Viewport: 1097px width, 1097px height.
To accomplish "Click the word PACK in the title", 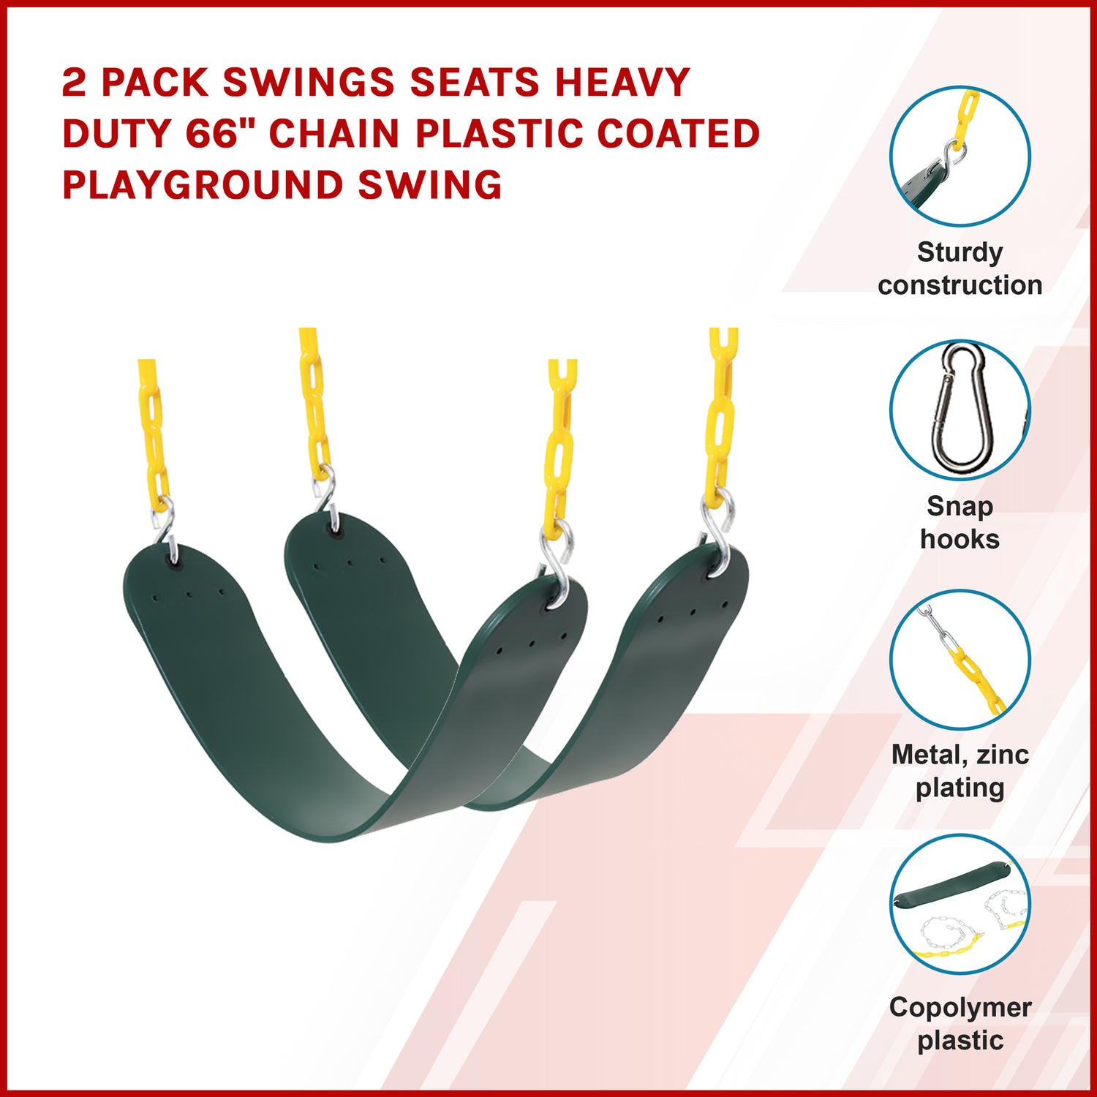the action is tap(155, 82).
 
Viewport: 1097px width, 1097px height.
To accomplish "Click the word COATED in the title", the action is tap(679, 133).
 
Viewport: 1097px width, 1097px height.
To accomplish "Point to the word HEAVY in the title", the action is tap(622, 82).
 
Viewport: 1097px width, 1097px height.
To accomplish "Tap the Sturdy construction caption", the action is tap(960, 268).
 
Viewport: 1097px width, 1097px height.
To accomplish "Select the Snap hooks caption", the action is tap(960, 522).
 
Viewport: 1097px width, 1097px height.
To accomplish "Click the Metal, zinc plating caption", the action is tap(960, 771).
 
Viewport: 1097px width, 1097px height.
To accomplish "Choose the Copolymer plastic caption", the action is tap(960, 1023).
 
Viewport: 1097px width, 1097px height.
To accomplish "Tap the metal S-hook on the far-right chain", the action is tap(717, 530).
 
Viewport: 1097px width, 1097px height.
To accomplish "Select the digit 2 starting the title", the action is tap(74, 82).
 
